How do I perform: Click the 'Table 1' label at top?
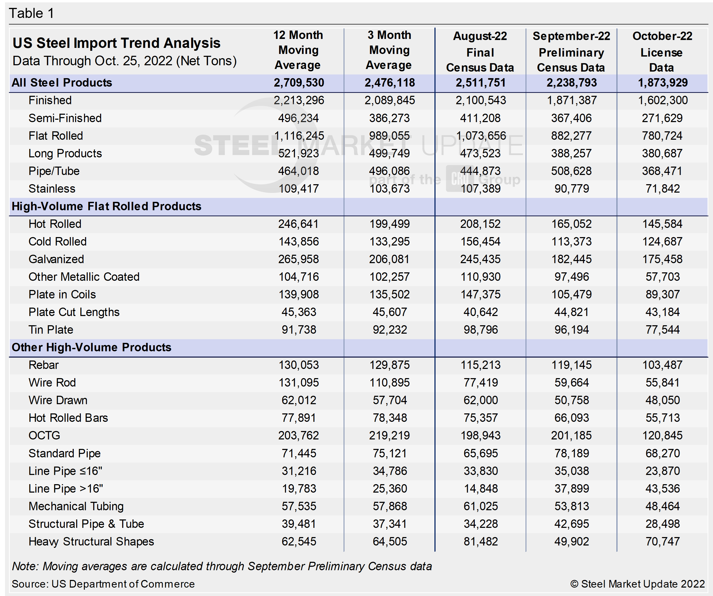tap(31, 14)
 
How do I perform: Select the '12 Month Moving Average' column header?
tap(298, 50)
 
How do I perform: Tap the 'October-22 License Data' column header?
tap(662, 52)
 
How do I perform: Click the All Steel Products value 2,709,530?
tap(299, 83)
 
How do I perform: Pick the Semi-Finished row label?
tap(65, 118)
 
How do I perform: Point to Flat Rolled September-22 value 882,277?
tap(571, 136)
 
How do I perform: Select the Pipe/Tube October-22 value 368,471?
tap(662, 171)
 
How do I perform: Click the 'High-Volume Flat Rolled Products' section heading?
tap(106, 206)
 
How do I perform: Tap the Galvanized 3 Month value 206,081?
tap(389, 259)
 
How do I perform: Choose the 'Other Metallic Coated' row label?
tap(84, 277)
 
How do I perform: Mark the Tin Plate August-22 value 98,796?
tap(481, 330)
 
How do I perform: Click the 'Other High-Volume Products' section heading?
tap(91, 348)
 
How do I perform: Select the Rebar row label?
tap(43, 365)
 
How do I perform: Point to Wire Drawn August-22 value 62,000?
tap(481, 400)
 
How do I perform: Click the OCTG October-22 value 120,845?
tap(662, 436)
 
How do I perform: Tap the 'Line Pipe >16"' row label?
tap(66, 489)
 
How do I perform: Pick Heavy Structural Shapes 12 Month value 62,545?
tap(299, 542)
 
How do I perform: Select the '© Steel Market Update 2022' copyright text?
tap(637, 584)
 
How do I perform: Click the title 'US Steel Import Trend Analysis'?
tap(116, 43)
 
